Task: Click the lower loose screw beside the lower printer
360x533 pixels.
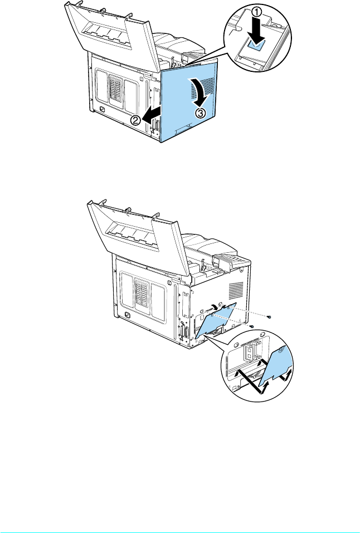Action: pos(251,326)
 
